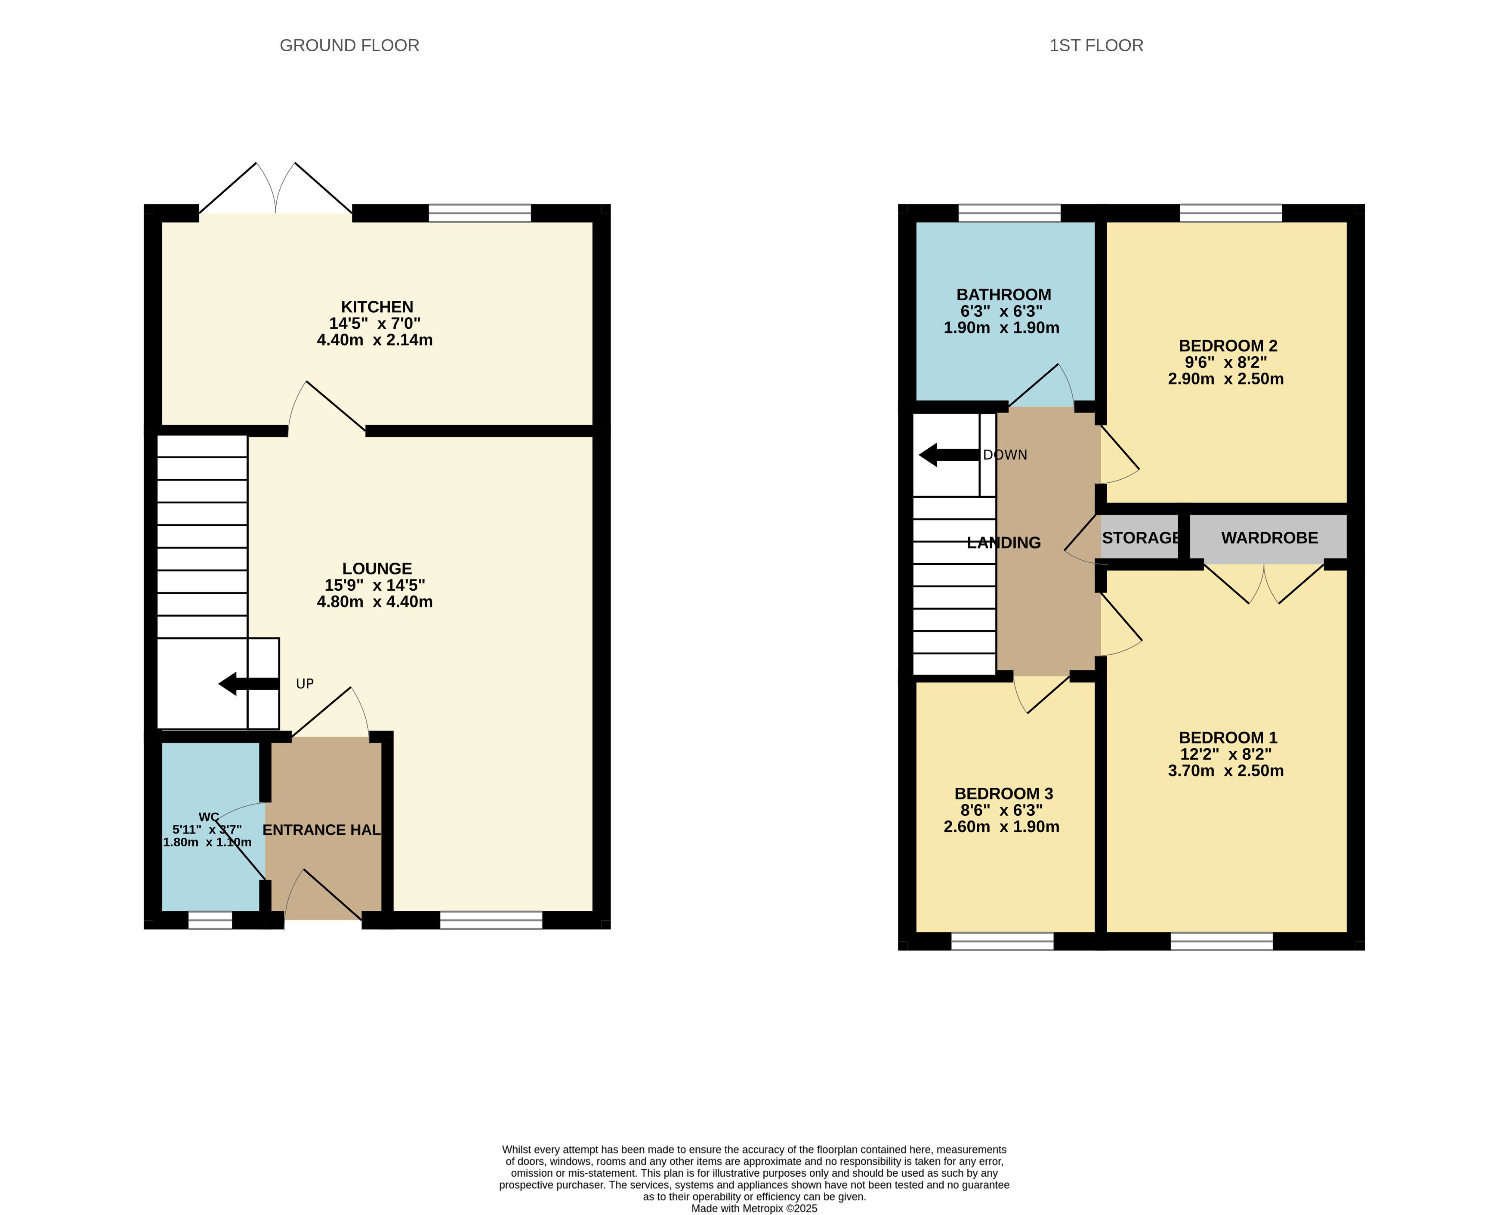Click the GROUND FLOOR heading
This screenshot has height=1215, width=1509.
349,46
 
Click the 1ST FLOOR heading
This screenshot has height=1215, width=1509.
1096,46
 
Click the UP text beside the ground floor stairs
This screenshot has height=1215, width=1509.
305,684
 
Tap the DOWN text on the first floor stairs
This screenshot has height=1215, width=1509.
1005,455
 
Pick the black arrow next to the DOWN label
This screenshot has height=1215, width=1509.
948,455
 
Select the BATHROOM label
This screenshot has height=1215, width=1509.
1004,295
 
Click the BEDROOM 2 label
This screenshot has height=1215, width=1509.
1228,346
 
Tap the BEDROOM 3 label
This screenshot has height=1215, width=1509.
1004,794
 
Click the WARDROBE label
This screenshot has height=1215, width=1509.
1270,537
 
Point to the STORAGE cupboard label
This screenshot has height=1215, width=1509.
1141,537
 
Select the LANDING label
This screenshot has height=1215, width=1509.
1004,543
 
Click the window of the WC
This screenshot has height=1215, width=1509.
210,920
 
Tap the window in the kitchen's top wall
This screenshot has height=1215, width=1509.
480,213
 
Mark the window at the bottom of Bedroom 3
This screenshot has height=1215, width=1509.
1002,941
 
